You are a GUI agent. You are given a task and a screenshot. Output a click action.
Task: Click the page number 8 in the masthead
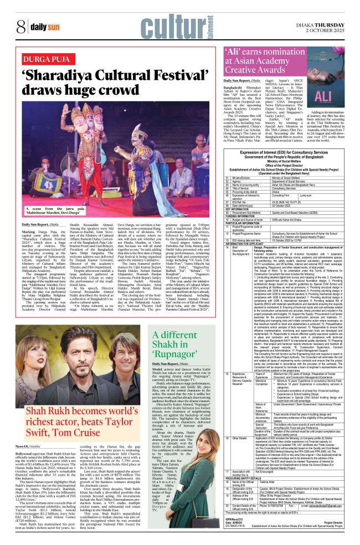(20, 26)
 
